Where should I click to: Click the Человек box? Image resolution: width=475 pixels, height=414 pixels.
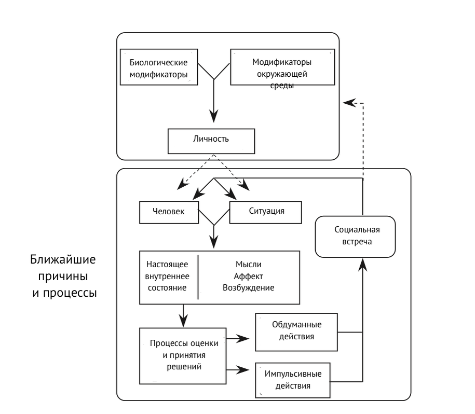pyautogui.click(x=169, y=212)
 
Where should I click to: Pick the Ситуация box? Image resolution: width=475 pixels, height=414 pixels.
pyautogui.click(x=265, y=212)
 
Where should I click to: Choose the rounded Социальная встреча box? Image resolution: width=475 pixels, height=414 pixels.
pyautogui.click(x=355, y=237)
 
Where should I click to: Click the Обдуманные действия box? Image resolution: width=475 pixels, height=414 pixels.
pyautogui.click(x=296, y=330)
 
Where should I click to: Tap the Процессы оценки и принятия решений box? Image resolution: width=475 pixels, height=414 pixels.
pyautogui.click(x=183, y=355)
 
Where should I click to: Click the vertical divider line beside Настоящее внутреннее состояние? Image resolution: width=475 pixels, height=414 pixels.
pyautogui.click(x=198, y=276)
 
